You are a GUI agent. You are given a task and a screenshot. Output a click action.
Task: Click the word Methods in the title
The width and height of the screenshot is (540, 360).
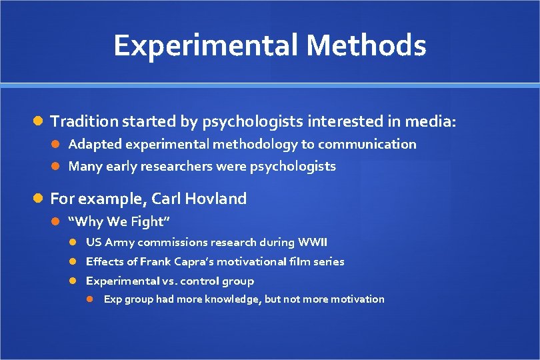point(366,46)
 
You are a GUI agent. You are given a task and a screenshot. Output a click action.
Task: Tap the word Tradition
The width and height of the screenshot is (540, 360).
point(83,121)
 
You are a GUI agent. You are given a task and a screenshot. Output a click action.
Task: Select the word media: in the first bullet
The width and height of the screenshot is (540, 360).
point(434,121)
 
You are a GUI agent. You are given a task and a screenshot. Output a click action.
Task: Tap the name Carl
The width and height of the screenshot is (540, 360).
point(167,199)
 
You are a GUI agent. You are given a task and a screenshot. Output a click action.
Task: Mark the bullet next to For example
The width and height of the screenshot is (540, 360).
point(39,199)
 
